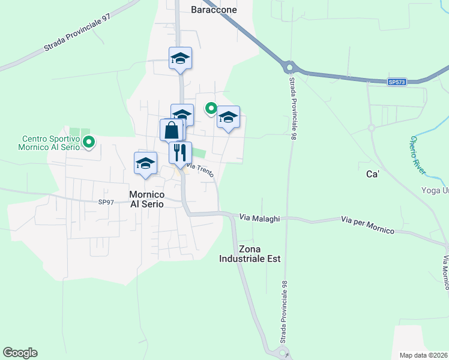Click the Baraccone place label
coord(214,10)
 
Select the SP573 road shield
coord(396,82)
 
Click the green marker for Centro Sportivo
coord(89,142)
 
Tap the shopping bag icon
coord(171,130)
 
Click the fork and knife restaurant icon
coord(180,152)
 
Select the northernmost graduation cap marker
coord(180,58)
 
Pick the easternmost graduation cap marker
coord(228,116)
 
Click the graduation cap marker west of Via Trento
coord(145,163)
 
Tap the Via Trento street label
coord(200,169)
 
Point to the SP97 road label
coord(106,202)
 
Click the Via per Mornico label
coord(367,226)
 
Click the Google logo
coord(20,353)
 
